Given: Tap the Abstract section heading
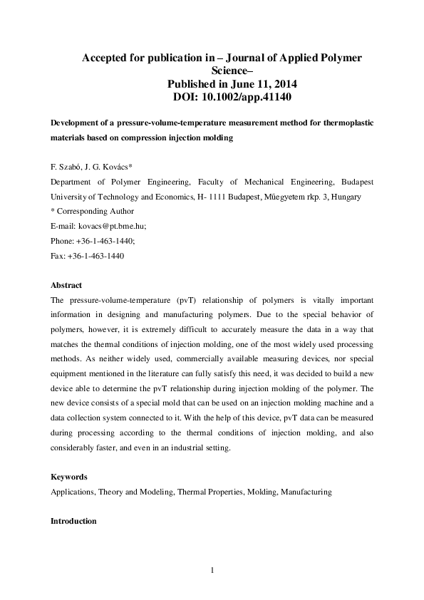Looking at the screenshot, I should point(66,285).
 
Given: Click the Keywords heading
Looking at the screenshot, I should point(69,477).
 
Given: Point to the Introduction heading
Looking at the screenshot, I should point(73,521).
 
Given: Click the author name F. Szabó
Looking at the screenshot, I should point(66,167).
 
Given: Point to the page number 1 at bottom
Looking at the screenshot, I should point(212,569).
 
